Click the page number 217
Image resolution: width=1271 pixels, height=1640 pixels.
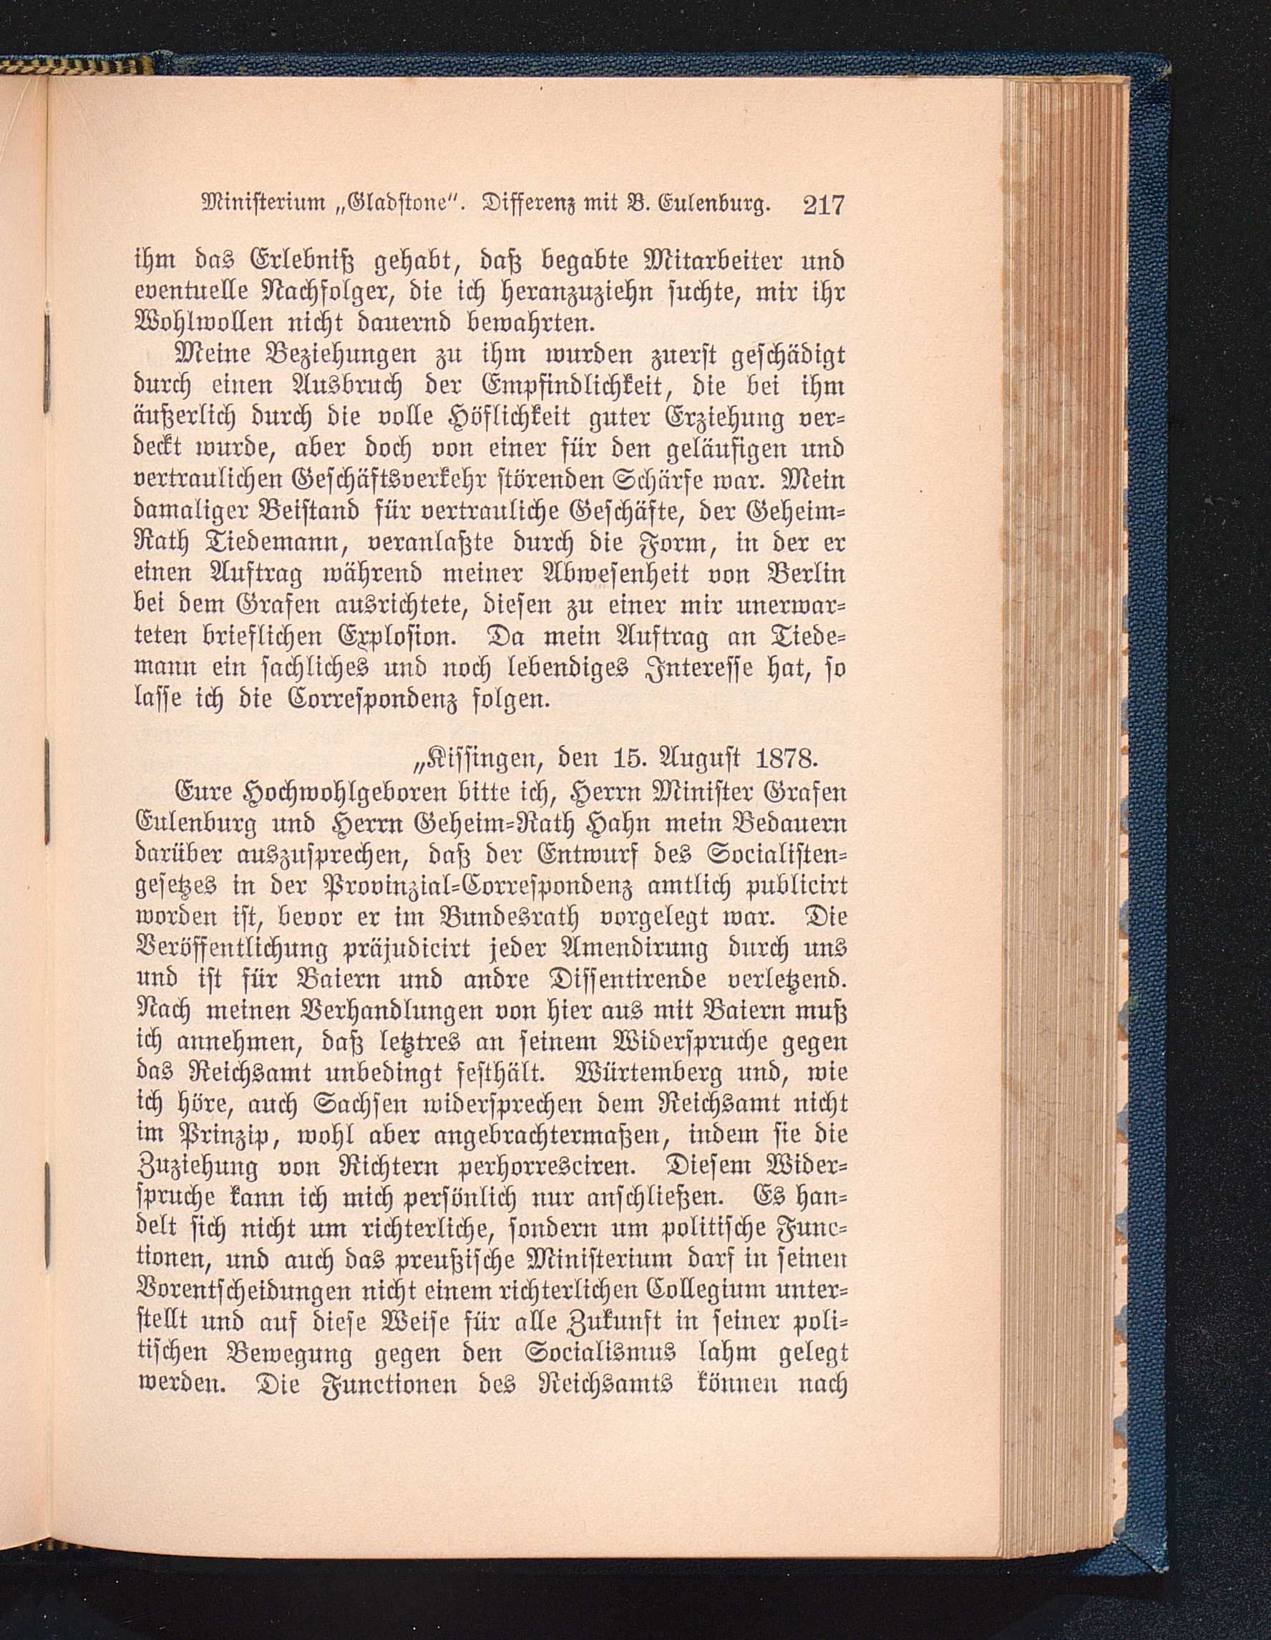pos(823,205)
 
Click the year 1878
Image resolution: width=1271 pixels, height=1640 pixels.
pos(784,759)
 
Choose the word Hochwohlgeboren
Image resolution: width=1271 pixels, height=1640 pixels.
pos(298,792)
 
